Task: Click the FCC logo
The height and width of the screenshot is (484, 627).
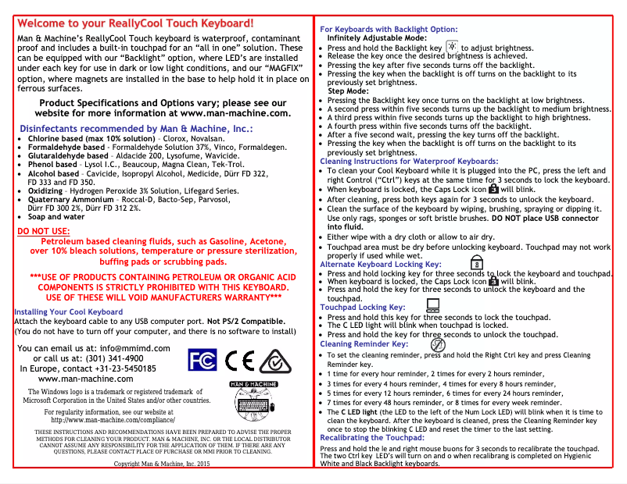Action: click(202, 360)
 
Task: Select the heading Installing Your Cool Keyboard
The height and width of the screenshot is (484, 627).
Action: click(69, 312)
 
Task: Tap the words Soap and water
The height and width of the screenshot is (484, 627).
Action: click(56, 217)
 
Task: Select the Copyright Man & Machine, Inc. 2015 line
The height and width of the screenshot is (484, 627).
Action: click(163, 464)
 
